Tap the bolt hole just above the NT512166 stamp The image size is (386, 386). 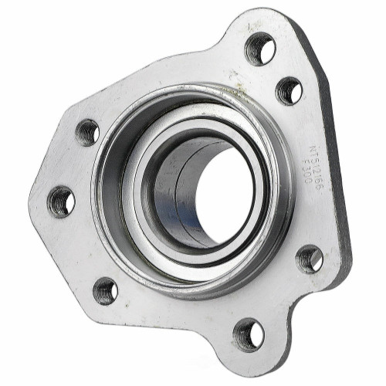(x=289, y=91)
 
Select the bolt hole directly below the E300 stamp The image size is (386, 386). (x=310, y=259)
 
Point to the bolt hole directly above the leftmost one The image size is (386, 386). (x=87, y=132)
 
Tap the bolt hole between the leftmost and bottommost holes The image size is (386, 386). (x=106, y=290)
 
